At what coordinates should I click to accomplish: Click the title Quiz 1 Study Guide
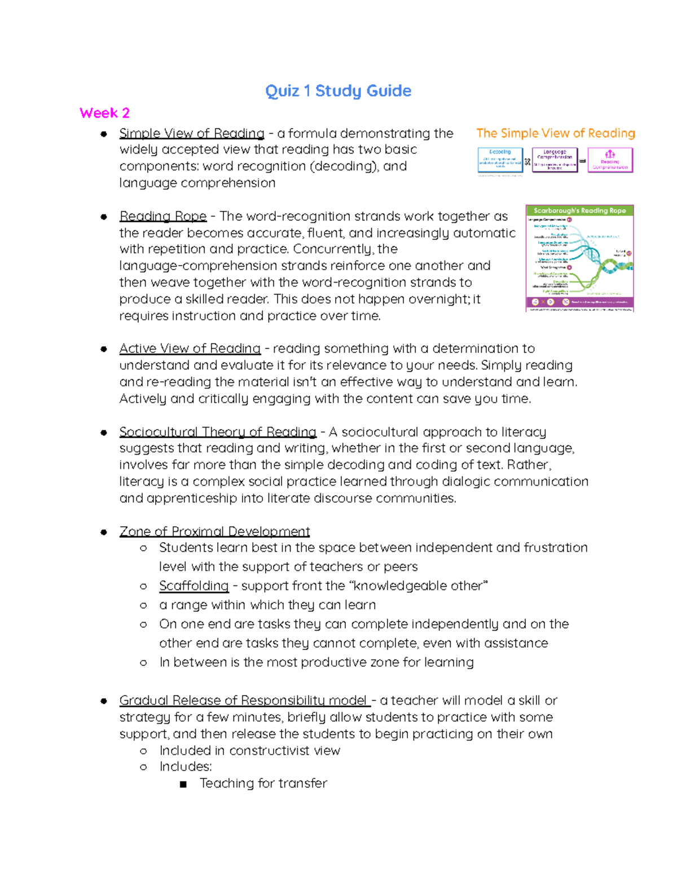(338, 91)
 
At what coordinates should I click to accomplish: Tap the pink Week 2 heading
(104, 113)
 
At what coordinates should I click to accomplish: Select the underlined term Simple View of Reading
(192, 134)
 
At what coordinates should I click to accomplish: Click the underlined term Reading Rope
(162, 217)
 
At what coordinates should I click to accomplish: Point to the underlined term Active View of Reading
(190, 349)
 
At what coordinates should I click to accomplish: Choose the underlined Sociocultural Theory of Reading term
(218, 432)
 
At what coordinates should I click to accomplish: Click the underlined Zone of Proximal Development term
(214, 531)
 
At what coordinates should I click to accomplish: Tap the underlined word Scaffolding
(194, 586)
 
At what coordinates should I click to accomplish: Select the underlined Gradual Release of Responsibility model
(244, 701)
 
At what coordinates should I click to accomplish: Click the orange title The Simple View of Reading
(555, 134)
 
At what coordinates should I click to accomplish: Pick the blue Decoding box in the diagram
(500, 160)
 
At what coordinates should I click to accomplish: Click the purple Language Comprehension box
(555, 160)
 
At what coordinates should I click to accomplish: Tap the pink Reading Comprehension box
(610, 160)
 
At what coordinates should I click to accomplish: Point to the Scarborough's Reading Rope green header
(579, 210)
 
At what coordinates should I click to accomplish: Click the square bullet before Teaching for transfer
(183, 784)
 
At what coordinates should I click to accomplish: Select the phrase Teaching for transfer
(263, 783)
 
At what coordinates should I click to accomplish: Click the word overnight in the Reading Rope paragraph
(438, 300)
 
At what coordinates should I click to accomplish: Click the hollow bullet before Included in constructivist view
(143, 751)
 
